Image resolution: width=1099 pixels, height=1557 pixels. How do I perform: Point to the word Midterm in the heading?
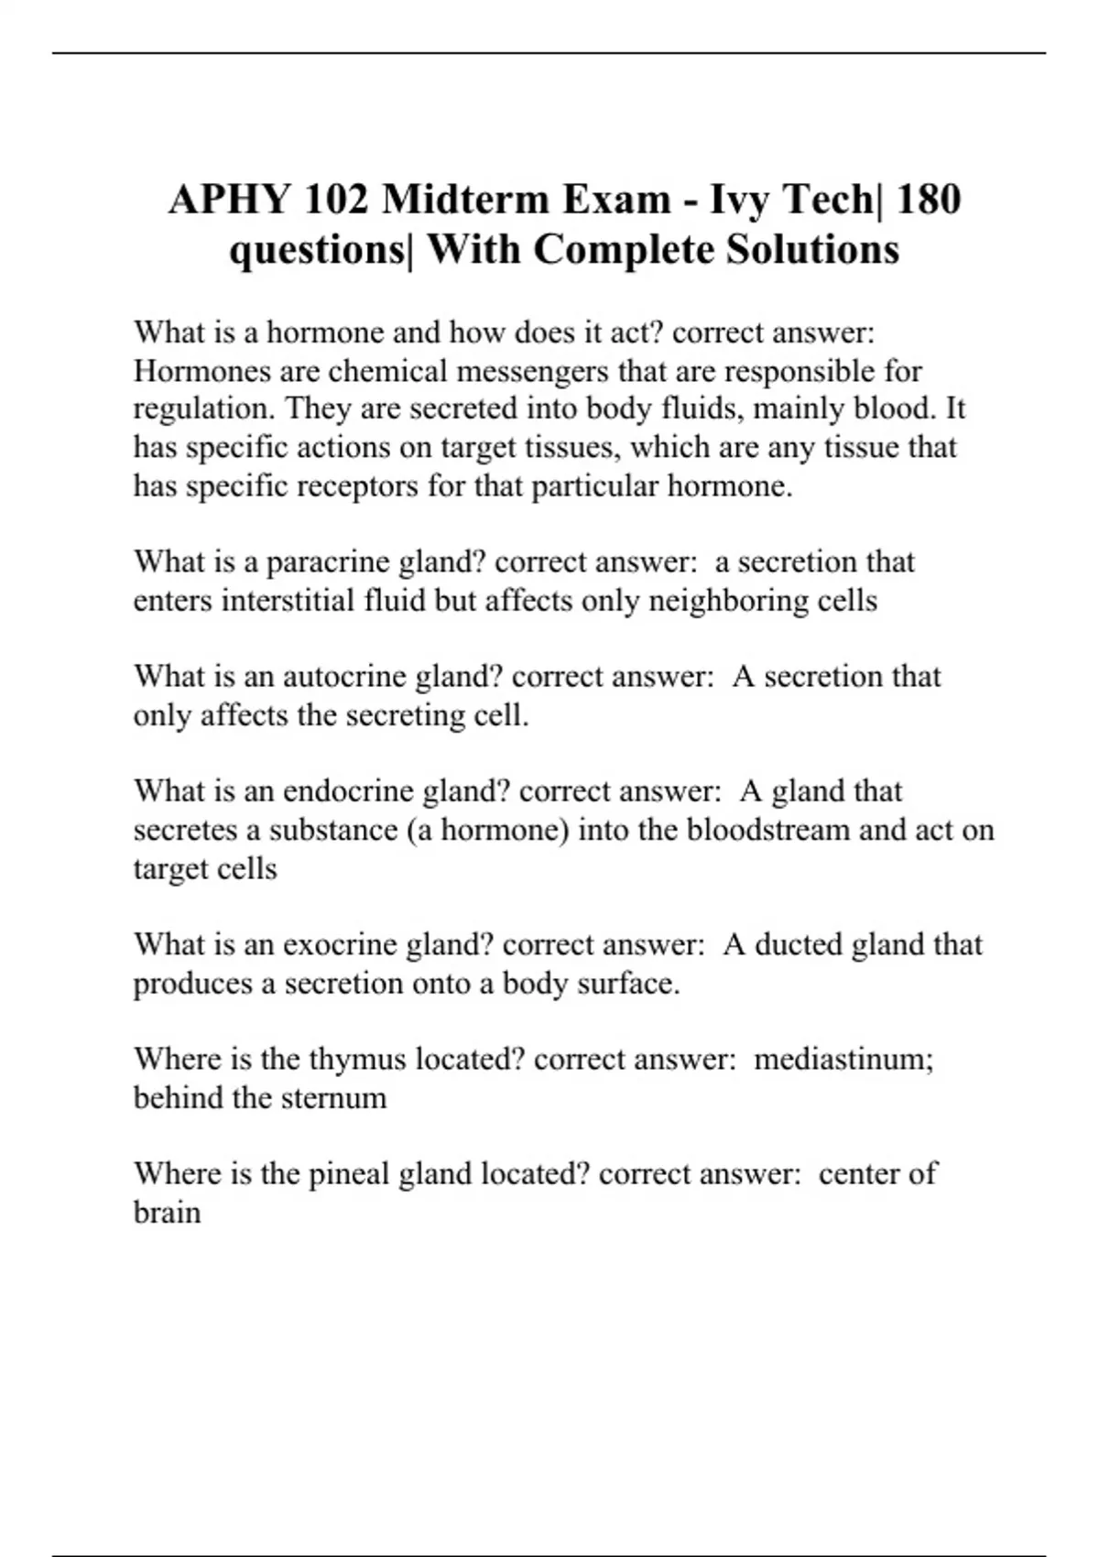(466, 200)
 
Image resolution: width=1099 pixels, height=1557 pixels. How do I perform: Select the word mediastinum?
(843, 1059)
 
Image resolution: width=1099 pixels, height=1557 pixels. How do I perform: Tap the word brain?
(167, 1212)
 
